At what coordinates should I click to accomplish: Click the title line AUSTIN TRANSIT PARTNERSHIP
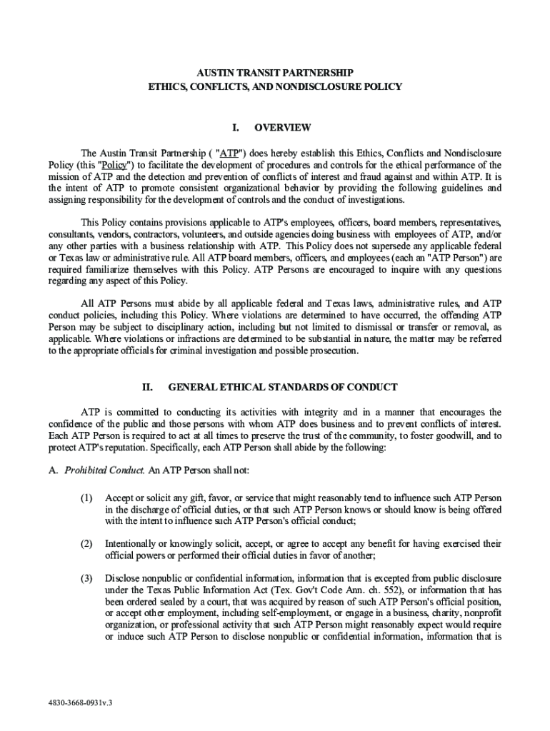[275, 73]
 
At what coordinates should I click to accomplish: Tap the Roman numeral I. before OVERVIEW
[235, 128]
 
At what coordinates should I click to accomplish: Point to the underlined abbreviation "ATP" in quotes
[229, 153]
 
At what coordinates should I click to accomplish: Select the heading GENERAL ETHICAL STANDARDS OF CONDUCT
[282, 388]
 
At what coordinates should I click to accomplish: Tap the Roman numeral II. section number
[147, 388]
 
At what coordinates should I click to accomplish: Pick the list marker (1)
[87, 498]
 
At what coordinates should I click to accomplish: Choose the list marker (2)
[87, 544]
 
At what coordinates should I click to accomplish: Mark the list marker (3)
[87, 578]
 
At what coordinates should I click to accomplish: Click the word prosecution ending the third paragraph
[333, 351]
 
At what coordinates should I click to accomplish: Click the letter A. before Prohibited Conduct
[53, 470]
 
